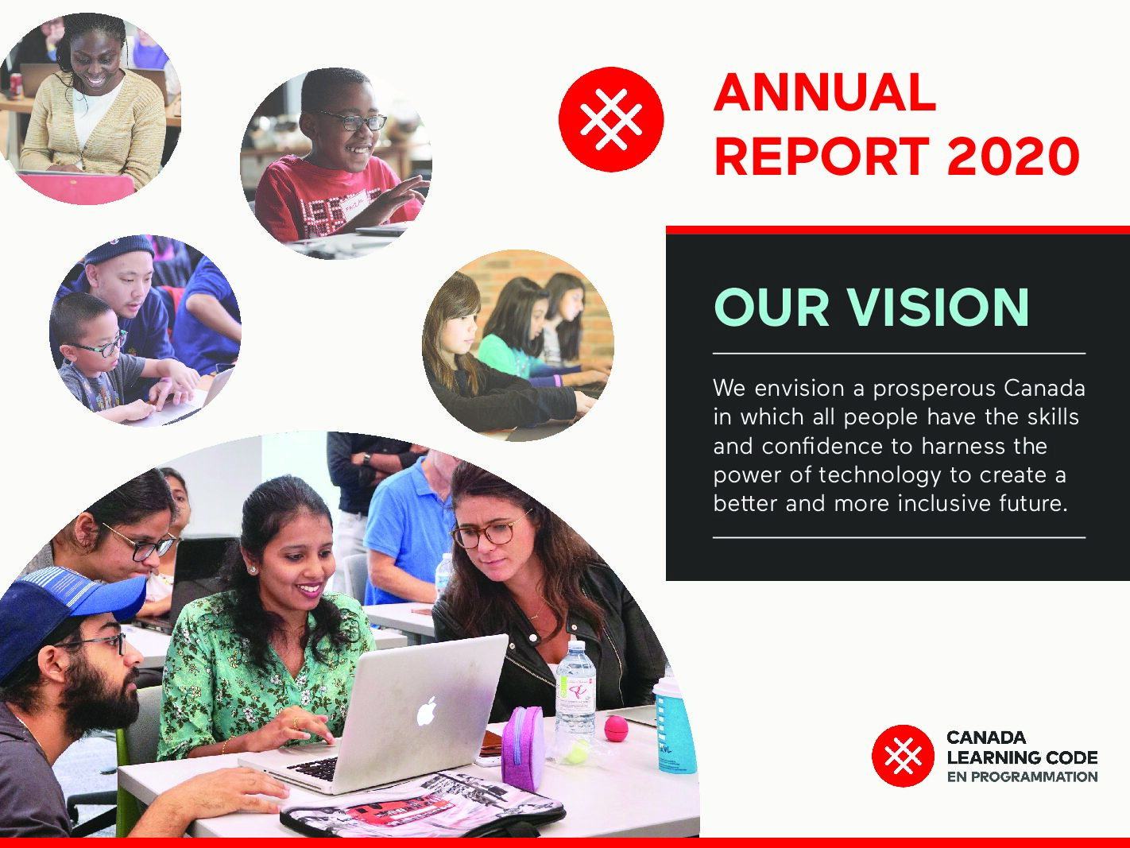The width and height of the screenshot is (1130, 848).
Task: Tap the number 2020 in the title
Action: point(1013,156)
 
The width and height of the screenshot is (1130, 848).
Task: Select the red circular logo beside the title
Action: point(611,119)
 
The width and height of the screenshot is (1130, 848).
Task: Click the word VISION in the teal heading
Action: point(938,307)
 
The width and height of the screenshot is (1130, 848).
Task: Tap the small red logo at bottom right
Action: point(903,756)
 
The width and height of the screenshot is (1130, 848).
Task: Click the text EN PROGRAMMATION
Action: point(1022,777)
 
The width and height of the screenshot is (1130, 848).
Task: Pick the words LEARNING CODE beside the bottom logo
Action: point(1022,757)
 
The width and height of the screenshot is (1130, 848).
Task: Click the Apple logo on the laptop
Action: point(427,711)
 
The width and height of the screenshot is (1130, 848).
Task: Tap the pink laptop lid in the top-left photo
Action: point(77,188)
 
